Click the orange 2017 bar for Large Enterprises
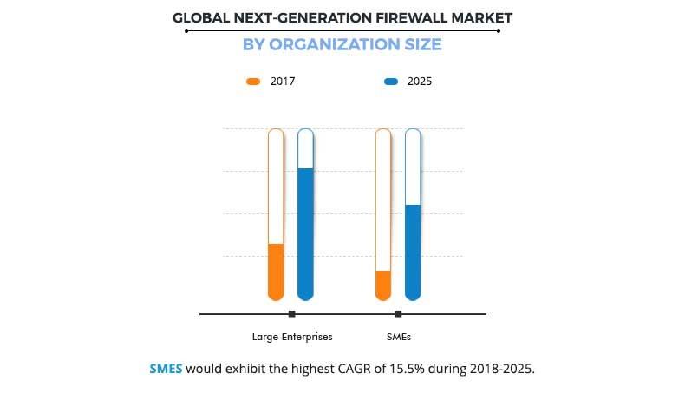(x=276, y=271)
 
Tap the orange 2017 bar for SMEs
(x=383, y=284)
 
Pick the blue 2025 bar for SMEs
(x=413, y=252)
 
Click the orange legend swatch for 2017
(x=253, y=82)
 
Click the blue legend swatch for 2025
(x=390, y=82)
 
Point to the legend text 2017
(x=284, y=82)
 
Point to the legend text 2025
(x=420, y=82)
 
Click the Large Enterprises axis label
(x=292, y=337)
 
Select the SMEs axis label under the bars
(x=399, y=337)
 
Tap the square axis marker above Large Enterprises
(x=291, y=313)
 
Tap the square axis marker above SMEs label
(x=399, y=313)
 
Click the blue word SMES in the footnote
(x=166, y=368)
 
